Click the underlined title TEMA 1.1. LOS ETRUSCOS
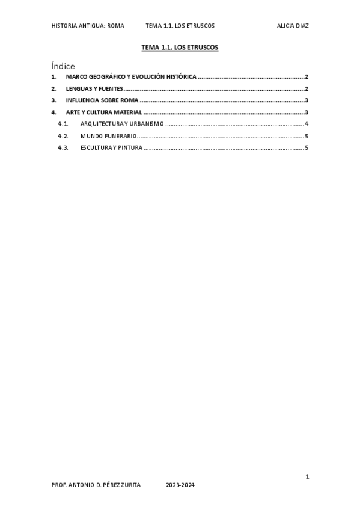click(x=180, y=46)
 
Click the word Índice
click(x=63, y=66)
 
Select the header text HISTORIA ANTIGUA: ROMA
click(x=88, y=26)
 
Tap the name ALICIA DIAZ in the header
click(x=293, y=26)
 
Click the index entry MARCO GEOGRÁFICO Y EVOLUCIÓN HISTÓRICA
click(x=131, y=77)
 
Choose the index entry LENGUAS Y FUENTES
click(x=94, y=89)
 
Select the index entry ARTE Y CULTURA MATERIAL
click(x=104, y=112)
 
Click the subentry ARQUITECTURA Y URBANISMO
click(x=122, y=124)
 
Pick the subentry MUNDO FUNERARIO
click(x=108, y=136)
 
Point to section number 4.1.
click(x=63, y=124)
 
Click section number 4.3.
click(x=63, y=147)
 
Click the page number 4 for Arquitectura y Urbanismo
click(x=307, y=124)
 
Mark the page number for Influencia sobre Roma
click(x=307, y=100)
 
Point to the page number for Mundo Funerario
click(x=307, y=136)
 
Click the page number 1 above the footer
click(x=307, y=477)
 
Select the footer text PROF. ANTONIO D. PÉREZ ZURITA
click(x=96, y=485)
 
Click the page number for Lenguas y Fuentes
click(x=307, y=89)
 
